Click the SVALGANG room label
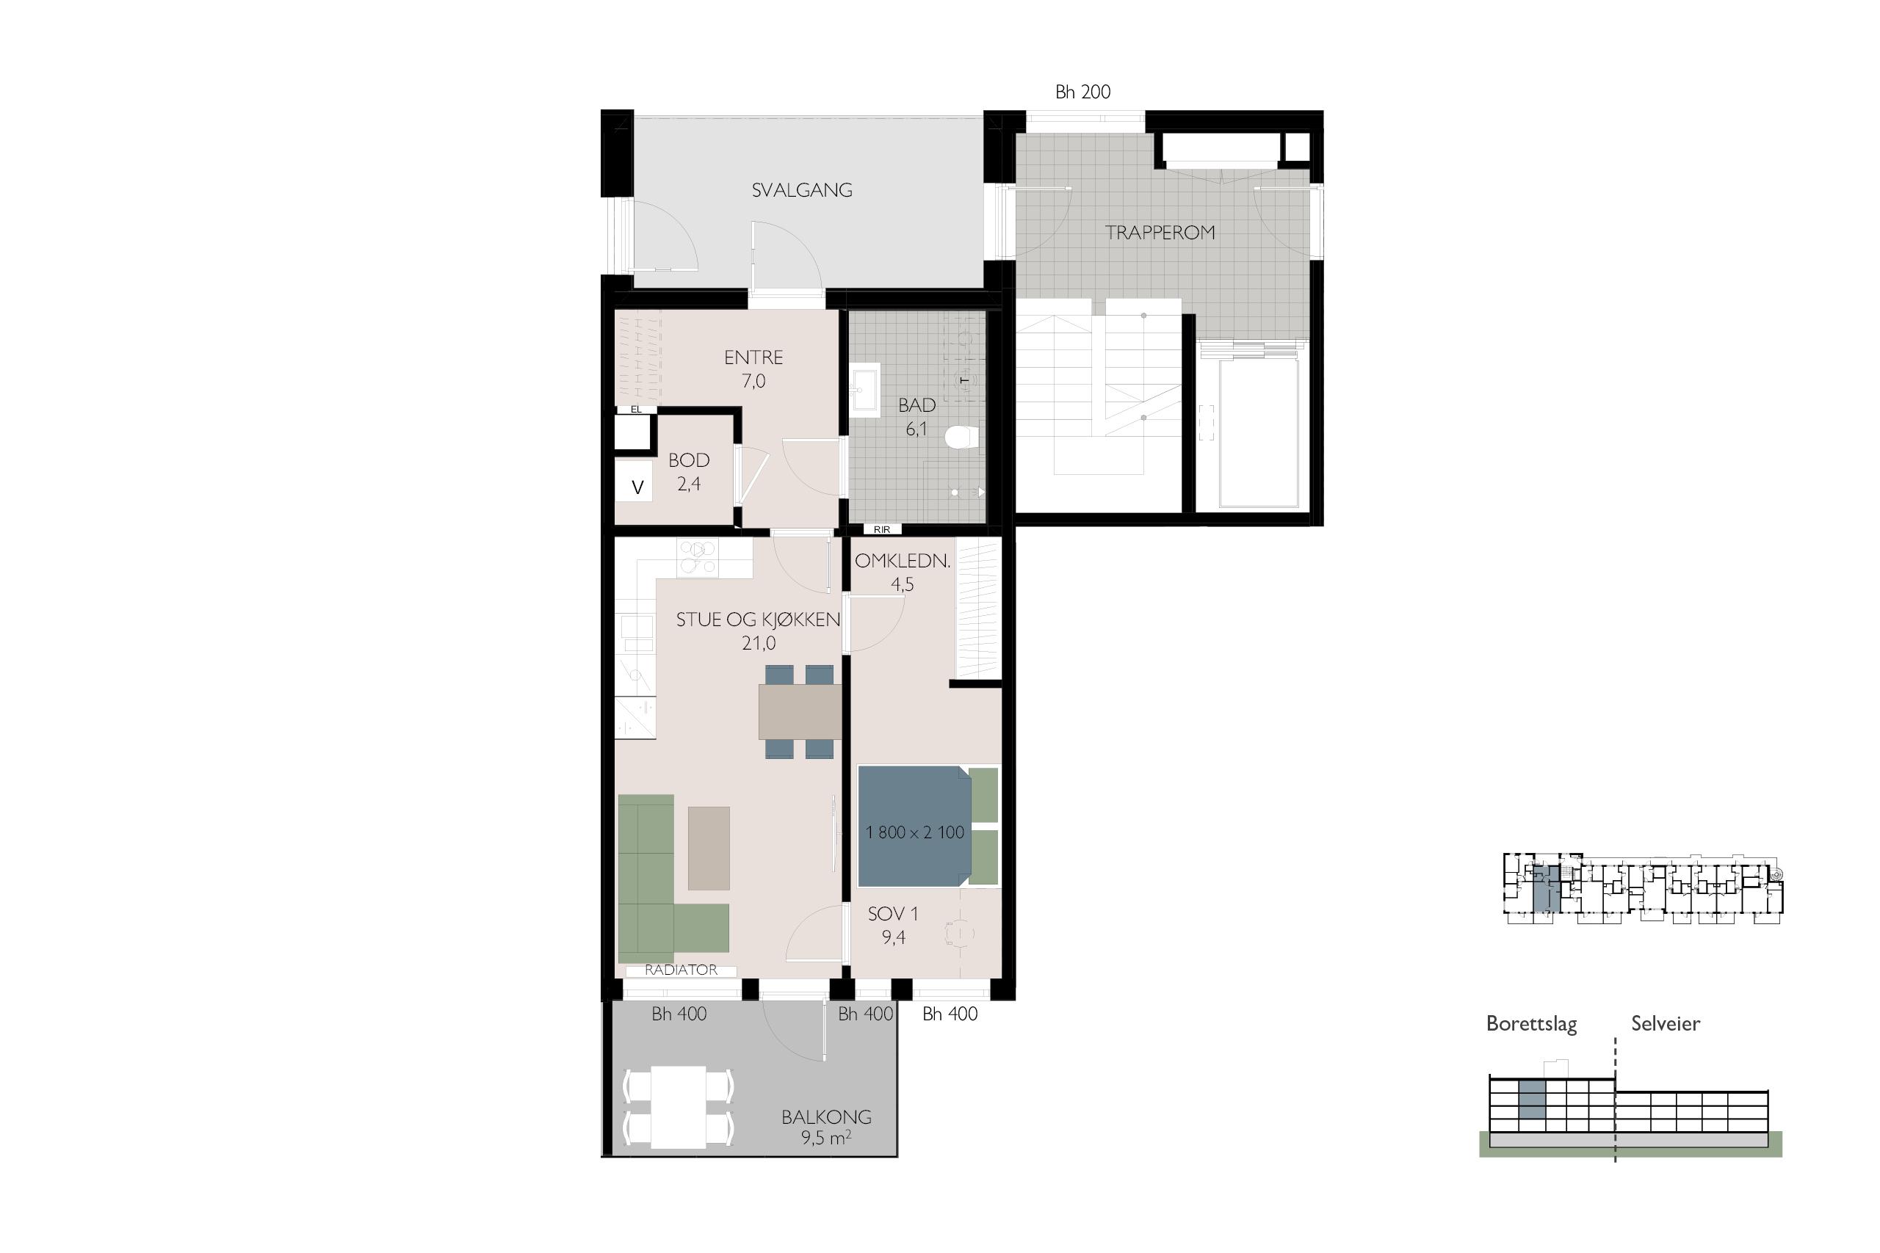point(802,190)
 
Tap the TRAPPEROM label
point(1160,233)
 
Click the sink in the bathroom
point(864,391)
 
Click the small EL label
point(636,409)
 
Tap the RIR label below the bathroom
point(882,529)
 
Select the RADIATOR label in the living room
point(681,970)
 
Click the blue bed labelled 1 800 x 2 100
point(914,827)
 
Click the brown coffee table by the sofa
point(709,848)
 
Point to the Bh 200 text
point(1083,92)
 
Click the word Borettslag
point(1531,1024)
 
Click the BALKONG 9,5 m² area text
point(826,1127)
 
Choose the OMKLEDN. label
point(903,561)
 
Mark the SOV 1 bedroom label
point(894,913)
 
